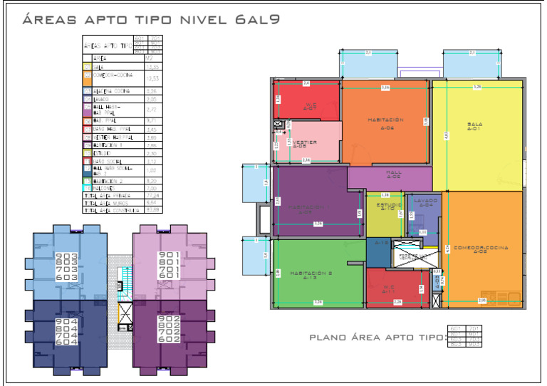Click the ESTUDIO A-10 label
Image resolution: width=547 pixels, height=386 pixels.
[388, 207]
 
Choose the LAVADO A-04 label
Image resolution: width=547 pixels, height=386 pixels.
[425, 203]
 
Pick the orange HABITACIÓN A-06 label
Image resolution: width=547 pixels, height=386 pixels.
[387, 122]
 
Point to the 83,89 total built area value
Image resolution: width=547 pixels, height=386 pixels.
[151, 210]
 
